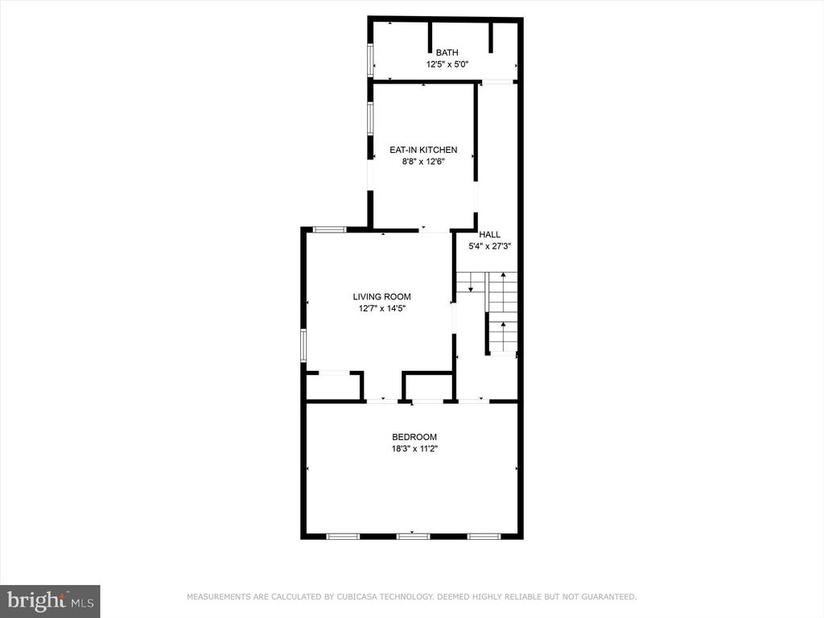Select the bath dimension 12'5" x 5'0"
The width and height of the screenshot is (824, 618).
click(x=447, y=64)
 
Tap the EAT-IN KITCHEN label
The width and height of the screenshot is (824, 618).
click(x=423, y=150)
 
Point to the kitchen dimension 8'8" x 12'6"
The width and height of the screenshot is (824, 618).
click(x=423, y=161)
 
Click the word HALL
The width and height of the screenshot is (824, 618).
click(x=490, y=235)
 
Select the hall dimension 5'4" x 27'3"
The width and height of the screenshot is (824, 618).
click(x=490, y=246)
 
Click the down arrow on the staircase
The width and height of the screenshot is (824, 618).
click(x=471, y=286)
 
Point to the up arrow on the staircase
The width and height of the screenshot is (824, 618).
click(x=503, y=325)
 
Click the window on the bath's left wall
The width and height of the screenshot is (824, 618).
click(x=371, y=58)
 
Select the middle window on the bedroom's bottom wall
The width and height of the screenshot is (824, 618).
click(x=414, y=535)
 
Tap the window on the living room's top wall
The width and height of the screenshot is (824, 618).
click(x=329, y=229)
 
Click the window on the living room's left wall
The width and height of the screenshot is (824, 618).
click(x=304, y=344)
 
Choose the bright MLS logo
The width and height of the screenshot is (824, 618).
click(x=50, y=600)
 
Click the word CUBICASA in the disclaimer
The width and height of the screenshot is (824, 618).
click(x=363, y=597)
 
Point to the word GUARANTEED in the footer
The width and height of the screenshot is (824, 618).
click(x=608, y=597)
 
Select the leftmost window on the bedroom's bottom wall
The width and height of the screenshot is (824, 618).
click(x=344, y=535)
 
